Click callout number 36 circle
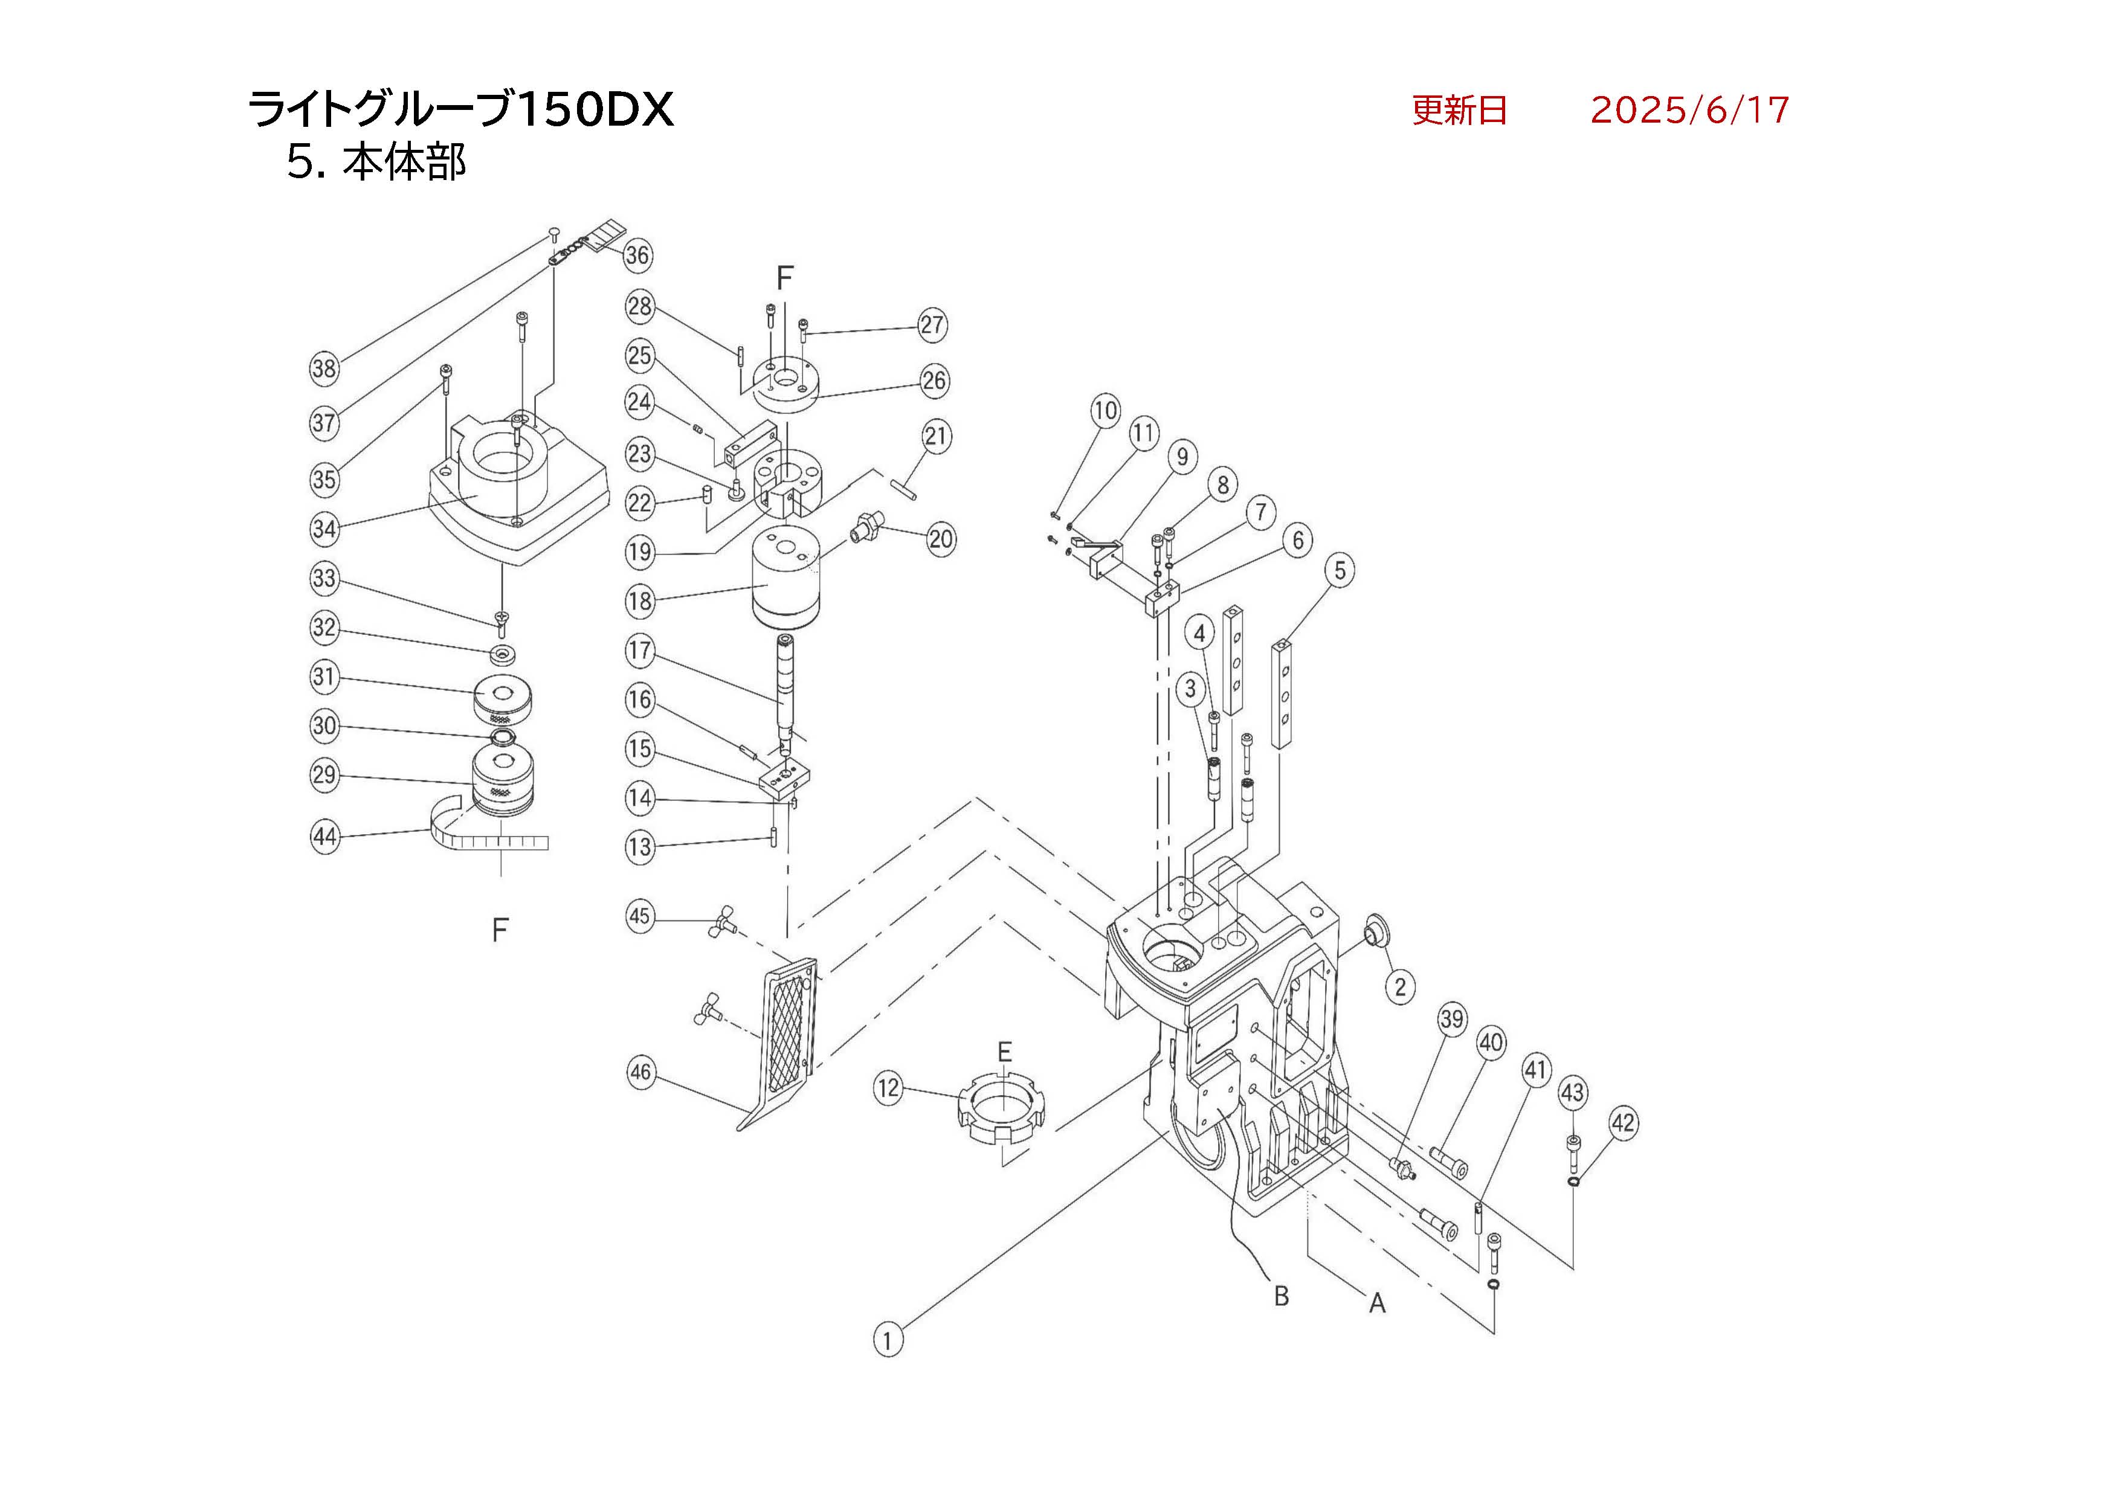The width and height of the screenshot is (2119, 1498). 637,256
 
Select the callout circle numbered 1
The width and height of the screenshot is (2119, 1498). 888,1339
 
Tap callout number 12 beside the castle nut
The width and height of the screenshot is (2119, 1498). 888,1088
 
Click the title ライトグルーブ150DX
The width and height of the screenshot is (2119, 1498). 462,111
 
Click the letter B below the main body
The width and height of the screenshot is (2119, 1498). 1281,1296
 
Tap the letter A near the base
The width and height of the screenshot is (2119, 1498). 1377,1304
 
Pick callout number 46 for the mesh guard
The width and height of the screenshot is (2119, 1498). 640,1073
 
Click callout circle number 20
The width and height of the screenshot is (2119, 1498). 940,539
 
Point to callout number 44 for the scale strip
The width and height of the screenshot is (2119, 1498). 325,837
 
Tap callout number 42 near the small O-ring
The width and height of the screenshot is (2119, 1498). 1624,1123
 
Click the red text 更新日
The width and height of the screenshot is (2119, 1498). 1459,111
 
